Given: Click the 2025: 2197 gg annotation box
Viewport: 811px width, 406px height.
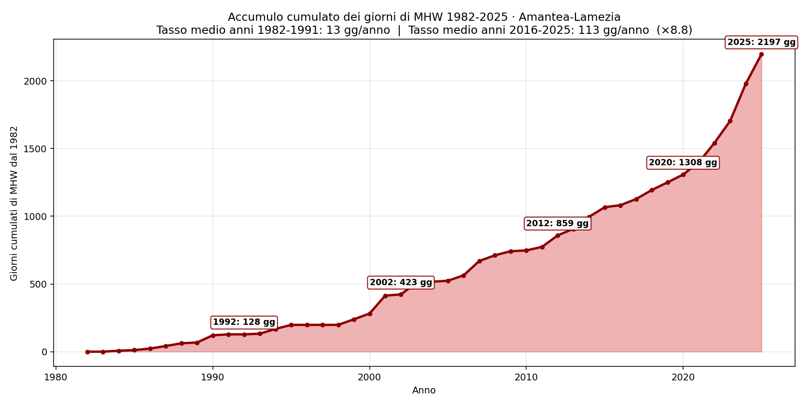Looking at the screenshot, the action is pos(761,43).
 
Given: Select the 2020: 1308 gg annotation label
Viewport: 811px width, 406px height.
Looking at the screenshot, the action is pos(683,163).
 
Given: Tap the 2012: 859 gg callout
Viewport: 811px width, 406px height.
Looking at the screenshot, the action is pos(557,224).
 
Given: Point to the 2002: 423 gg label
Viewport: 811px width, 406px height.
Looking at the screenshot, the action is pos(401,282).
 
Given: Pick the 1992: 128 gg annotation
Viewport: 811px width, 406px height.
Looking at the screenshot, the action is pos(244,322).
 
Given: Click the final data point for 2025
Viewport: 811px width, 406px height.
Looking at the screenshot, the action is pos(761,54).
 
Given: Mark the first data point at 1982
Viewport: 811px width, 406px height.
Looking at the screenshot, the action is pos(87,352).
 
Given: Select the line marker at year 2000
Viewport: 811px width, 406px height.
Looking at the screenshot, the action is pos(370,314).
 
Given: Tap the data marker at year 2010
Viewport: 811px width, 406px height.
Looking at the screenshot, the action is pos(526,250).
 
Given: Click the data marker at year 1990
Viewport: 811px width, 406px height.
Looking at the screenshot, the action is pos(213,335).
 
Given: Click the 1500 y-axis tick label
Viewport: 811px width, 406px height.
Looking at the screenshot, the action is pos(36,149).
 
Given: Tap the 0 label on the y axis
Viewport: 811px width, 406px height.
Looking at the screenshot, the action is pos(44,352).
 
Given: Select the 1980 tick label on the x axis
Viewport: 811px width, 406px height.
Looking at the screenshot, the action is pos(56,378).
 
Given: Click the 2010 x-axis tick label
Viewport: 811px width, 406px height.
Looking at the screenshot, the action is pos(526,378).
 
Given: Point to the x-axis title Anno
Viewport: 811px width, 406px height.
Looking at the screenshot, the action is pos(424,391).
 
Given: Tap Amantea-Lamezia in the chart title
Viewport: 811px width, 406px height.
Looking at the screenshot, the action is pos(570,17).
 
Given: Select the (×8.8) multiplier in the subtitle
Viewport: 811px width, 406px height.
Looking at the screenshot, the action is pos(674,30).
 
